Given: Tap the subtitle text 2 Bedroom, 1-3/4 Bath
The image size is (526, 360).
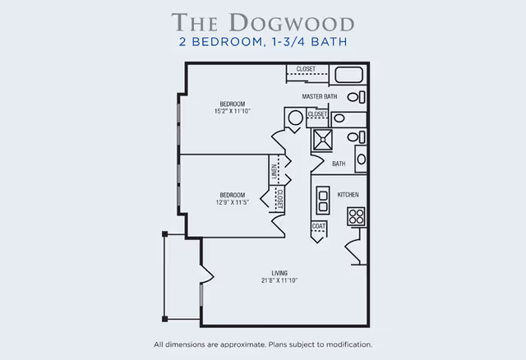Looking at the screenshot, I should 262,44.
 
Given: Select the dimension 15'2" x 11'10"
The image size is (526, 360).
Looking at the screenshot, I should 232,110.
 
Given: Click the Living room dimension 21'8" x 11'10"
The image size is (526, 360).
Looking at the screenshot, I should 279,280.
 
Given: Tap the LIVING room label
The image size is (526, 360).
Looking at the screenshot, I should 279,273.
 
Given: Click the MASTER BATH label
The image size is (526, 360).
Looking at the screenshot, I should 320,97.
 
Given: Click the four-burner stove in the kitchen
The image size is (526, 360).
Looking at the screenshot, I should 356,216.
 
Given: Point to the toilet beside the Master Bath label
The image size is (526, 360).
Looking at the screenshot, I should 354,97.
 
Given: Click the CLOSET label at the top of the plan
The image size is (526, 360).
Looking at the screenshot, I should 307,69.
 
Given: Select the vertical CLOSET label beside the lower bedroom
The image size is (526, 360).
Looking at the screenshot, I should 280,198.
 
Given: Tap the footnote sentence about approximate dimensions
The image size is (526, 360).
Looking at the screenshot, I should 263,344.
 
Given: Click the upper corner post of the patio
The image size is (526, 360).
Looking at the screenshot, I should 165,235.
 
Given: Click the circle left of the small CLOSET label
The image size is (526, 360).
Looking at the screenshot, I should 295,118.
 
